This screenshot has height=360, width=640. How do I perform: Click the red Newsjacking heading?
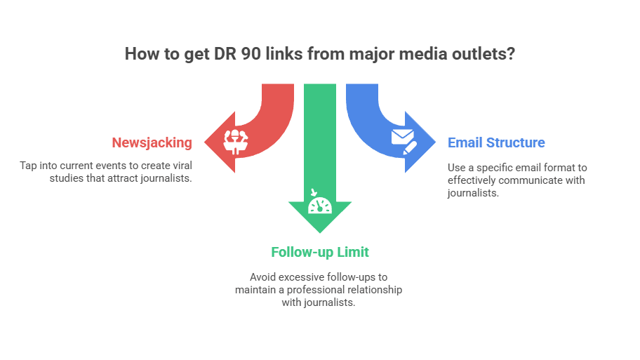point(152,142)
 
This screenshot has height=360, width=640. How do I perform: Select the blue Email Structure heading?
point(496,142)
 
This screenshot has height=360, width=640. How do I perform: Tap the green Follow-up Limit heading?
point(320,251)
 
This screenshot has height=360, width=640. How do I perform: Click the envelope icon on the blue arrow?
point(403,139)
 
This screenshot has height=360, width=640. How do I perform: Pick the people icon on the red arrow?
point(234,140)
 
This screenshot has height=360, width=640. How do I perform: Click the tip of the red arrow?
point(204,142)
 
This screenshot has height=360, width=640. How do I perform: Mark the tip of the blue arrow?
point(435,142)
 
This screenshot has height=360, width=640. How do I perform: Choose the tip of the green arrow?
point(320,234)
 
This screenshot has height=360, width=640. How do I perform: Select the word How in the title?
point(140,54)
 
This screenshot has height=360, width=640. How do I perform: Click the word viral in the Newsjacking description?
point(180,166)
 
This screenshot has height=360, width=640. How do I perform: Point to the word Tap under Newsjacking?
point(29,166)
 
